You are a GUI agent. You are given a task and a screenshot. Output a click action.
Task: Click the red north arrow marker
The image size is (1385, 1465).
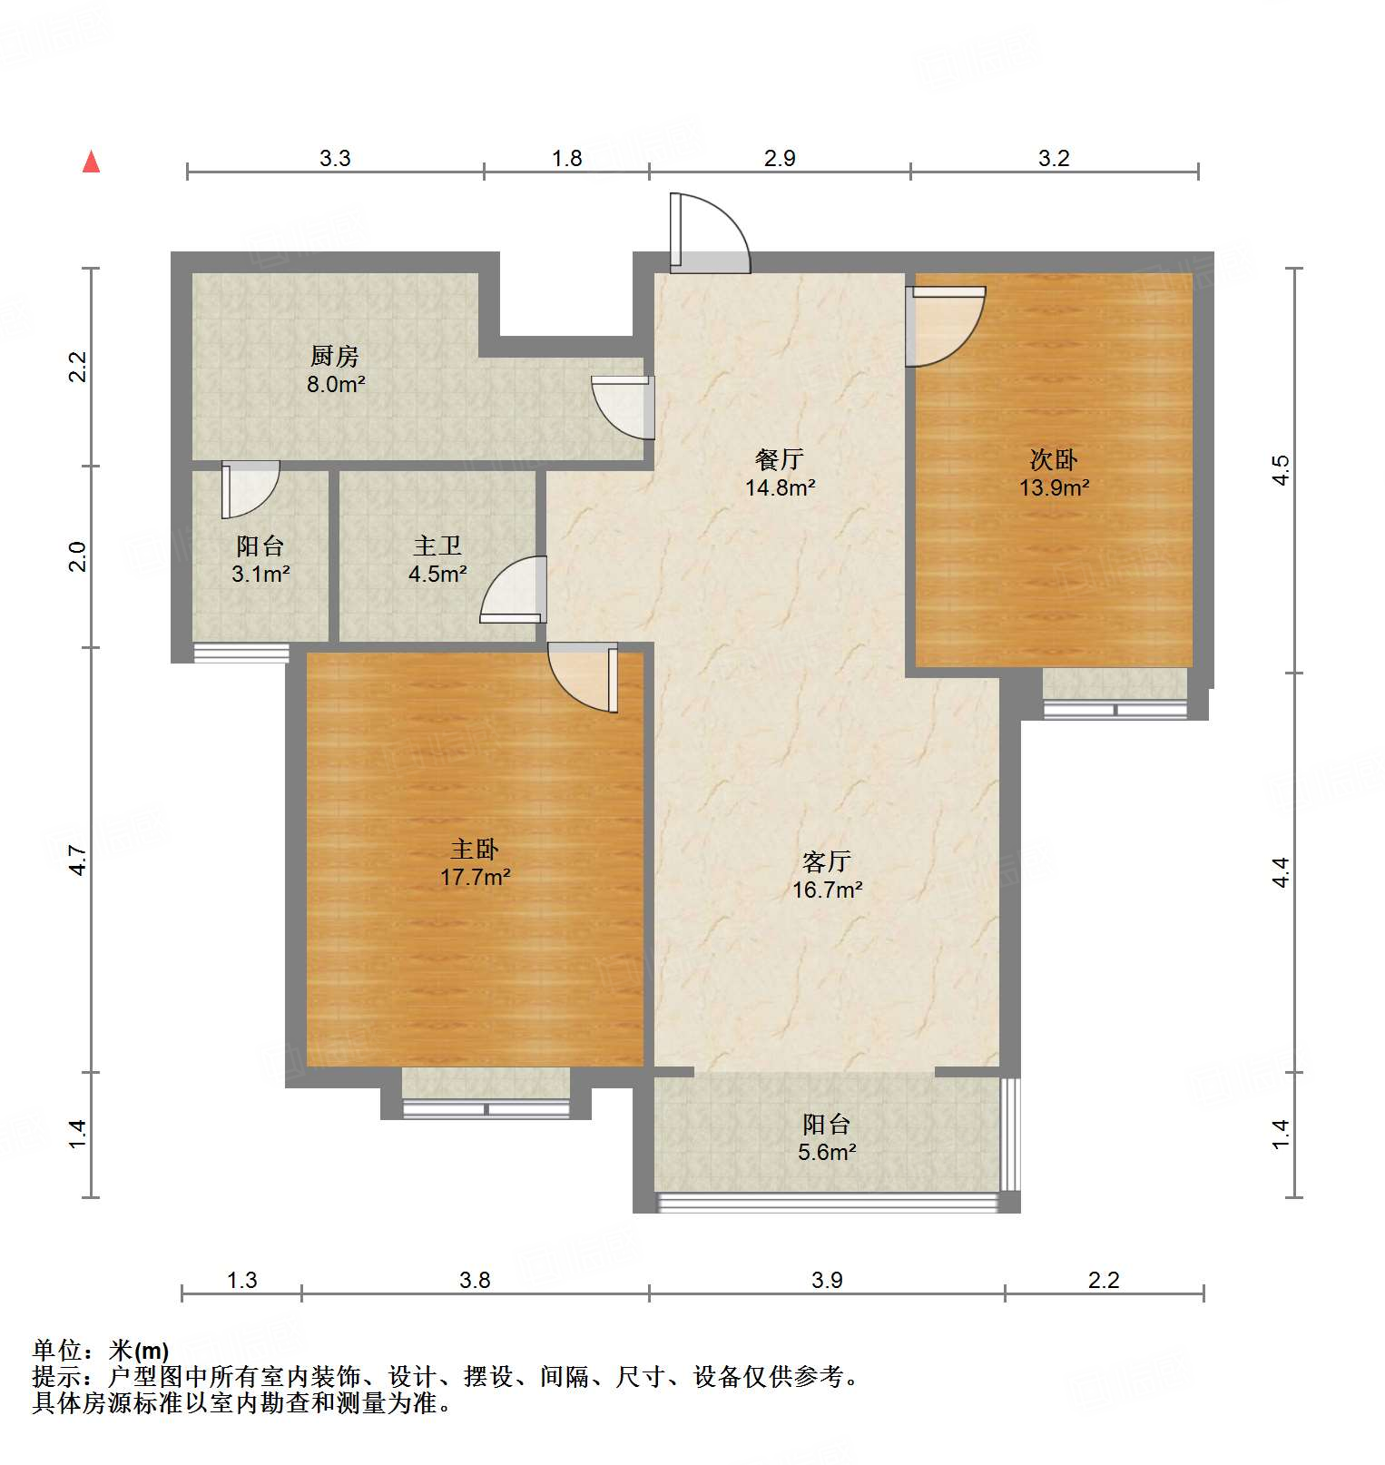point(91,162)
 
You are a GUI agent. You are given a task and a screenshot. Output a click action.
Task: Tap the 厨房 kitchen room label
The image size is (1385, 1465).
point(335,356)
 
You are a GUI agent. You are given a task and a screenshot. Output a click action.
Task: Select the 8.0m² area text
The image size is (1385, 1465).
point(335,384)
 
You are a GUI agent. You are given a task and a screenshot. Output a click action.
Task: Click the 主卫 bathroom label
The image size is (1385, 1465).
point(437,546)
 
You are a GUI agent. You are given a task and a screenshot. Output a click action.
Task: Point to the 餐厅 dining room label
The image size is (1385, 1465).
point(780,459)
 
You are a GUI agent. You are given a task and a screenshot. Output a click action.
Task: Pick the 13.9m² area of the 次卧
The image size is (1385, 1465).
point(1054,487)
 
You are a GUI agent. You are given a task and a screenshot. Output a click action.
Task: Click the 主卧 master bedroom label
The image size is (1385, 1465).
point(475,849)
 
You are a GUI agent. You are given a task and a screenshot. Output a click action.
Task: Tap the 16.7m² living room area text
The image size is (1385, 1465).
point(827,890)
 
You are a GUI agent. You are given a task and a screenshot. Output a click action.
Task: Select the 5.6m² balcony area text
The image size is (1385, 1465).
point(827,1153)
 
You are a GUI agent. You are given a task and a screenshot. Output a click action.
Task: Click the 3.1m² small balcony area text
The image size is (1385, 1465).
point(260,574)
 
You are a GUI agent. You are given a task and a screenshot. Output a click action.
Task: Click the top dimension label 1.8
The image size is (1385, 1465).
point(567,158)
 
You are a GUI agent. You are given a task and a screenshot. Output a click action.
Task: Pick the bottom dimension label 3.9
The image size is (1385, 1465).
point(827,1280)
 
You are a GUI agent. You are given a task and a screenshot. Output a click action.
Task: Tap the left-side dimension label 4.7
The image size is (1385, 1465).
point(79,860)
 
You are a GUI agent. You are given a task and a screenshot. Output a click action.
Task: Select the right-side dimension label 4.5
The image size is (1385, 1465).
point(1280,469)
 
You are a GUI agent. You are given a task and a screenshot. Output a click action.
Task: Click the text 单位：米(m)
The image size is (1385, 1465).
point(101,1351)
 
